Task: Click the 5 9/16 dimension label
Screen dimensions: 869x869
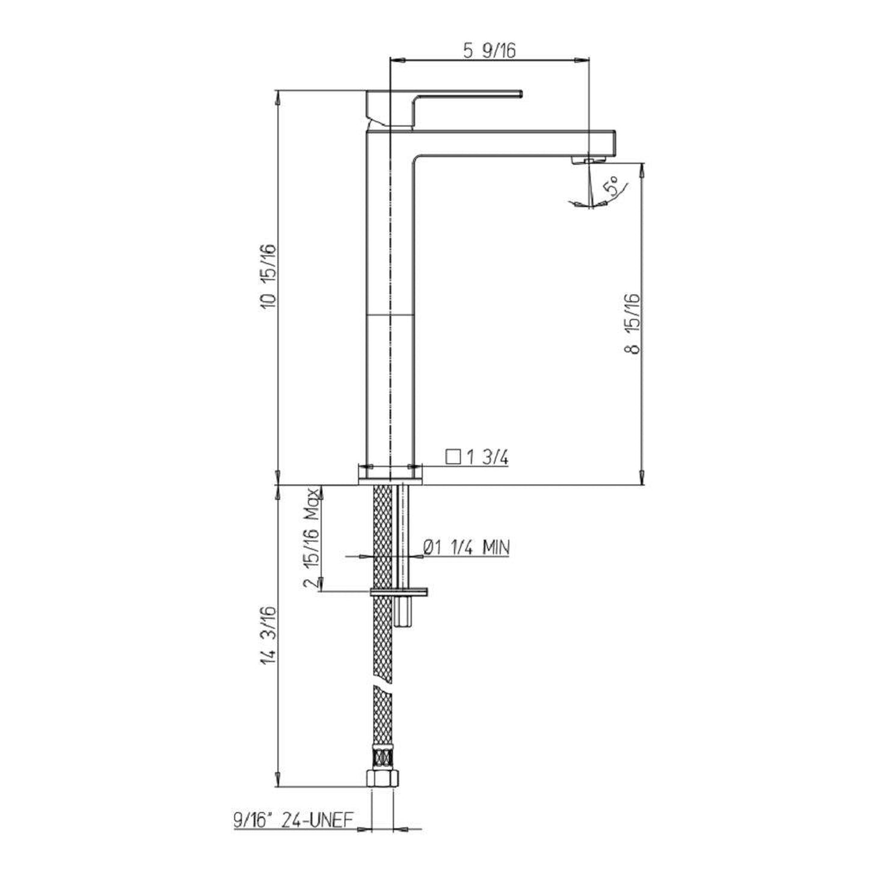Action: [x=490, y=51]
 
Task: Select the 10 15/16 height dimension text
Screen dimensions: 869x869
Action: [x=269, y=276]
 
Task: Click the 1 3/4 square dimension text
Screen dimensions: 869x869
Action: [x=488, y=458]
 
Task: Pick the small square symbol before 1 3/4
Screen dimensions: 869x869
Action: [x=453, y=457]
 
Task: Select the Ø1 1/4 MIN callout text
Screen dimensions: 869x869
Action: [x=466, y=548]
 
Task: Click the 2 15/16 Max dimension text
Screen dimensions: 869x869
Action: [x=313, y=538]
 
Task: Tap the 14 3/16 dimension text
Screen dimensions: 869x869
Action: [x=269, y=641]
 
